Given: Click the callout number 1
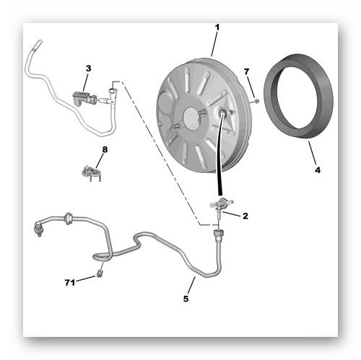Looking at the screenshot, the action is [x=217, y=27].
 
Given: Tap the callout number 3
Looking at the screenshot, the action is [x=89, y=69].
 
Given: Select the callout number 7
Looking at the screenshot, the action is [x=246, y=71].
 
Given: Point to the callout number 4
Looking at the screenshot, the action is [x=318, y=170].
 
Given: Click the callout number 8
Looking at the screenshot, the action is [x=105, y=149].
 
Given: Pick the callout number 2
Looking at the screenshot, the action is [x=245, y=216].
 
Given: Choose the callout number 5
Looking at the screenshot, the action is [x=186, y=299].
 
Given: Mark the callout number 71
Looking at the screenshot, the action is [x=70, y=282].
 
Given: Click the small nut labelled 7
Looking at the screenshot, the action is [x=256, y=101].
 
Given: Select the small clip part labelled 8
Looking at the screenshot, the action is [x=92, y=172].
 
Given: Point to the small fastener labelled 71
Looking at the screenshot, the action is [x=100, y=273].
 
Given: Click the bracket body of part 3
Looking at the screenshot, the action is [x=81, y=97].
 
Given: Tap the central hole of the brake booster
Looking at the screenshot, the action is [x=192, y=117].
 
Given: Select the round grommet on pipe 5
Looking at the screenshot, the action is [x=69, y=219].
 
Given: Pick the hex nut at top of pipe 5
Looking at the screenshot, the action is [x=218, y=233].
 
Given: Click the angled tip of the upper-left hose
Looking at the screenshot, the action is [x=38, y=45].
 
